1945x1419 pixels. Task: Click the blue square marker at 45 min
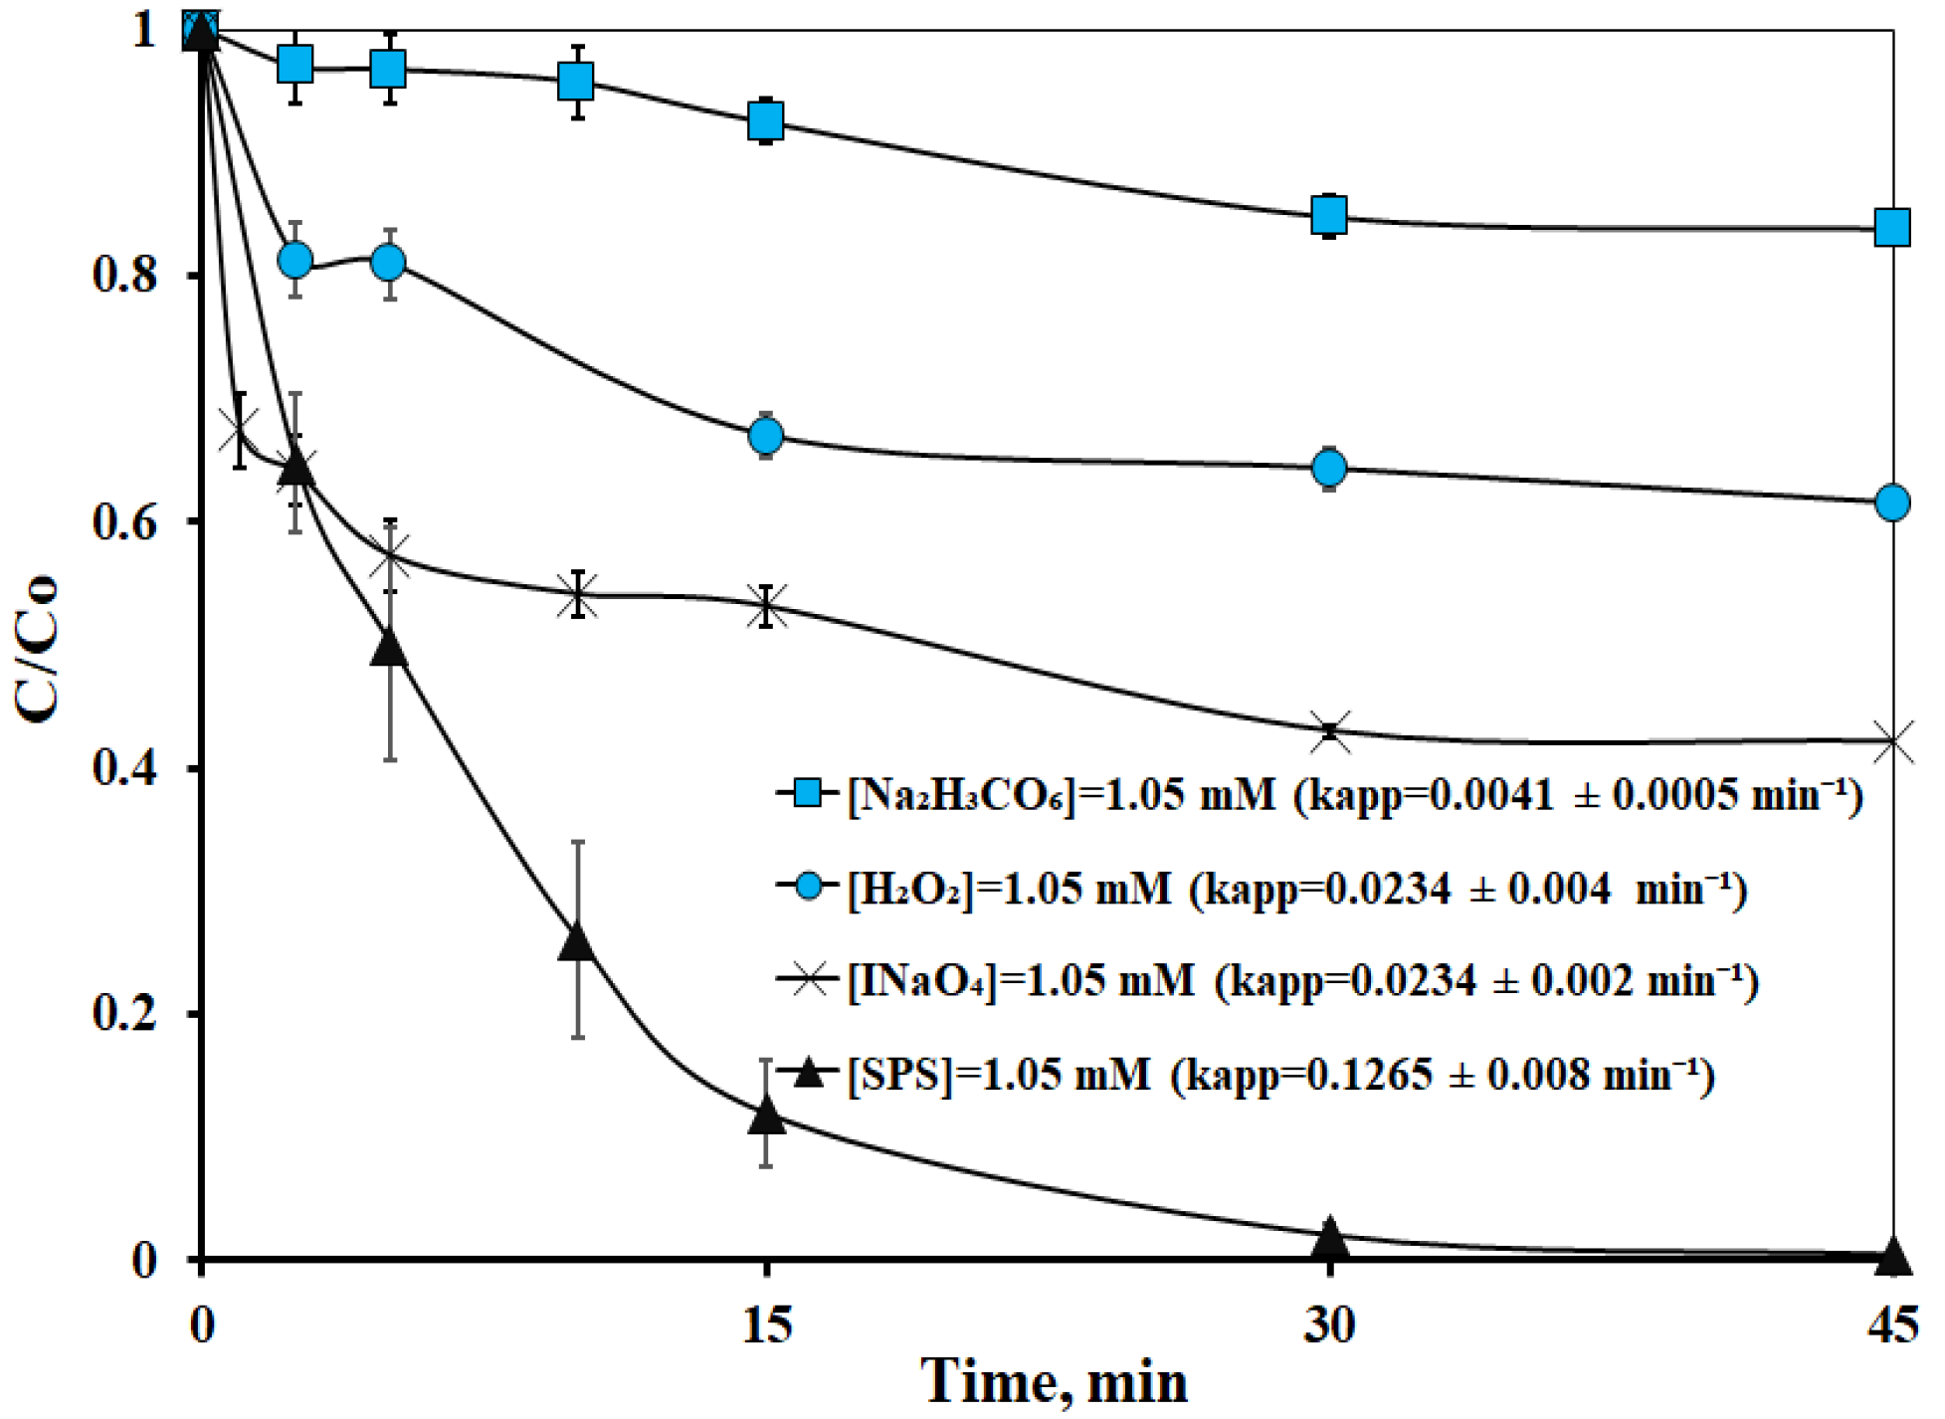pos(1891,228)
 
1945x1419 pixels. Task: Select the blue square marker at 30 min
pos(1329,214)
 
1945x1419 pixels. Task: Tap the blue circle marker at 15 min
pos(766,436)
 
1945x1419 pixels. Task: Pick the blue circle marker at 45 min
pos(1891,503)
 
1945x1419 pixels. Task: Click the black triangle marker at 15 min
pos(766,1115)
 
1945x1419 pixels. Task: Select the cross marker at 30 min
pos(1329,732)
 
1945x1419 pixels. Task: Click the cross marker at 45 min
pos(1891,741)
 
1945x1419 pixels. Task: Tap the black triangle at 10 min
pos(577,941)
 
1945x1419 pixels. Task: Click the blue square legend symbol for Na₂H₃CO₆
pos(810,793)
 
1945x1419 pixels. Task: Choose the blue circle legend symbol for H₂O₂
pos(810,886)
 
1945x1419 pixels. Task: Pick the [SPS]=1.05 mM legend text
pos(999,1075)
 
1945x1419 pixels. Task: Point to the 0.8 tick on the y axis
pos(123,276)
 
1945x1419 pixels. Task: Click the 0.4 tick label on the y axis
pos(123,768)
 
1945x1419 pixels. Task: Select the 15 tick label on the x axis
pos(766,1325)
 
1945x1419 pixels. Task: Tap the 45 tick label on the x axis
pos(1891,1325)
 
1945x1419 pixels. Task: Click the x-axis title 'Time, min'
pos(1055,1383)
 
